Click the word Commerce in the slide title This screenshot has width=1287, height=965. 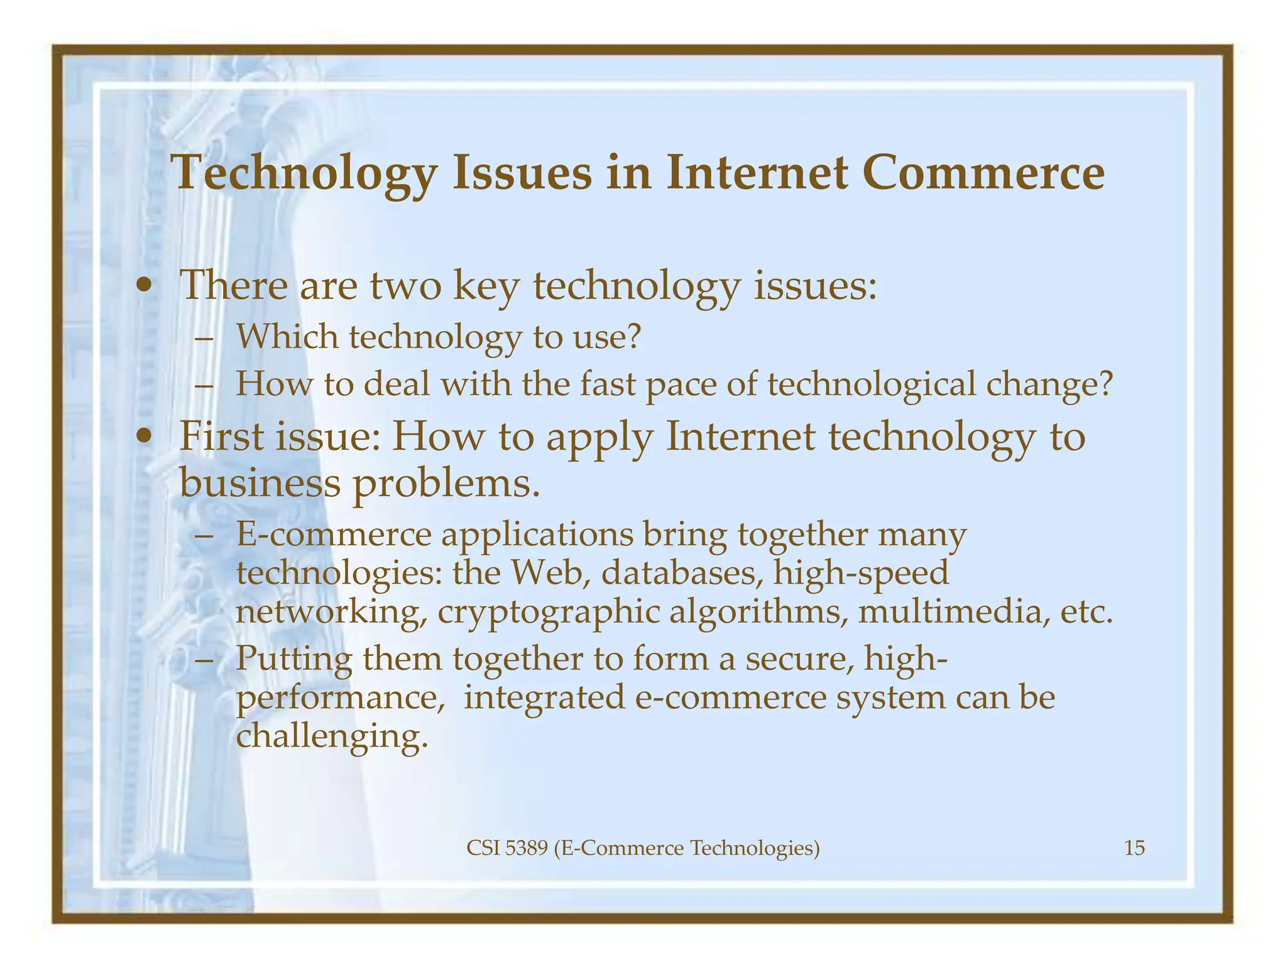[983, 173]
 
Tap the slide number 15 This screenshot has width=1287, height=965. [1134, 848]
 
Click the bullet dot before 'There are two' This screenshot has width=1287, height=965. [145, 286]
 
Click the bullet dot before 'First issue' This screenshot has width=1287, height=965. [145, 437]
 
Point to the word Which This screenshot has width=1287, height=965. [287, 337]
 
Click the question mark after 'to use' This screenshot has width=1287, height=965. [633, 337]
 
